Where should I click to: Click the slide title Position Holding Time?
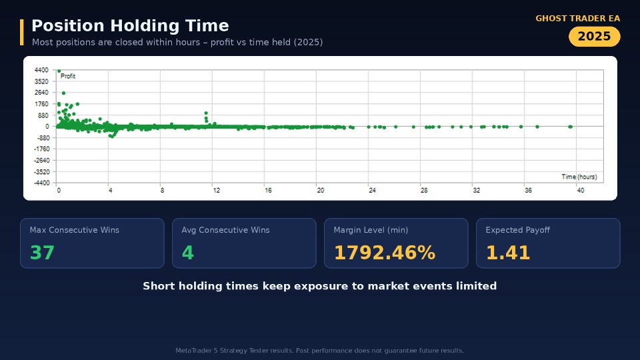[x=130, y=26]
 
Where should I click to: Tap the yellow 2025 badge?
[x=594, y=36]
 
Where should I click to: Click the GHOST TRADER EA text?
[x=577, y=19]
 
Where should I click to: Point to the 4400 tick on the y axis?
[x=41, y=70]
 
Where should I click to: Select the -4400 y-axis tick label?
[x=41, y=183]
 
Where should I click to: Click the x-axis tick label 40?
[x=581, y=190]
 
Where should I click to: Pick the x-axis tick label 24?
[x=372, y=190]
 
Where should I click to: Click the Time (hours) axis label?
[x=579, y=177]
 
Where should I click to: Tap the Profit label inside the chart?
[x=68, y=76]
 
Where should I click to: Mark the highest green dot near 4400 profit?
[x=59, y=71]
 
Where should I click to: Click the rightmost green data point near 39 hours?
[x=570, y=127]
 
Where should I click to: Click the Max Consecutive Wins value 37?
[x=42, y=252]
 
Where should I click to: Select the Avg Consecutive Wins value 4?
[x=188, y=252]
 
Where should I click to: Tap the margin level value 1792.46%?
[x=385, y=252]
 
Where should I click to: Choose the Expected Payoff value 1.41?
[x=508, y=252]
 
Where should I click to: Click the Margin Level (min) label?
[x=371, y=230]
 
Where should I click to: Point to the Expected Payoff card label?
[x=517, y=230]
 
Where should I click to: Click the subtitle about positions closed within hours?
[x=177, y=42]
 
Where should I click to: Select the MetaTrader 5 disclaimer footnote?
[x=319, y=350]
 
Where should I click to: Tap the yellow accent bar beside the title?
[x=21, y=32]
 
